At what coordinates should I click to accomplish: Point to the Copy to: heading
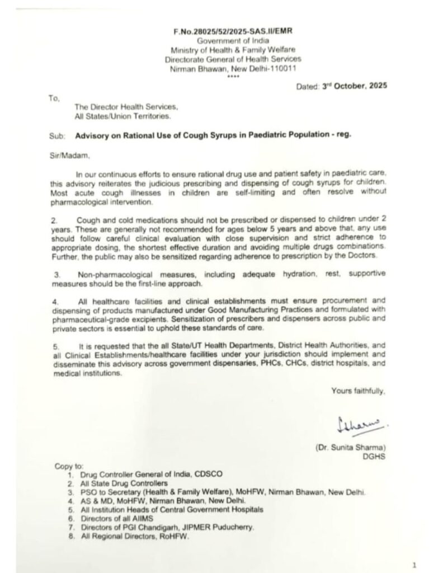tap(69, 466)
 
